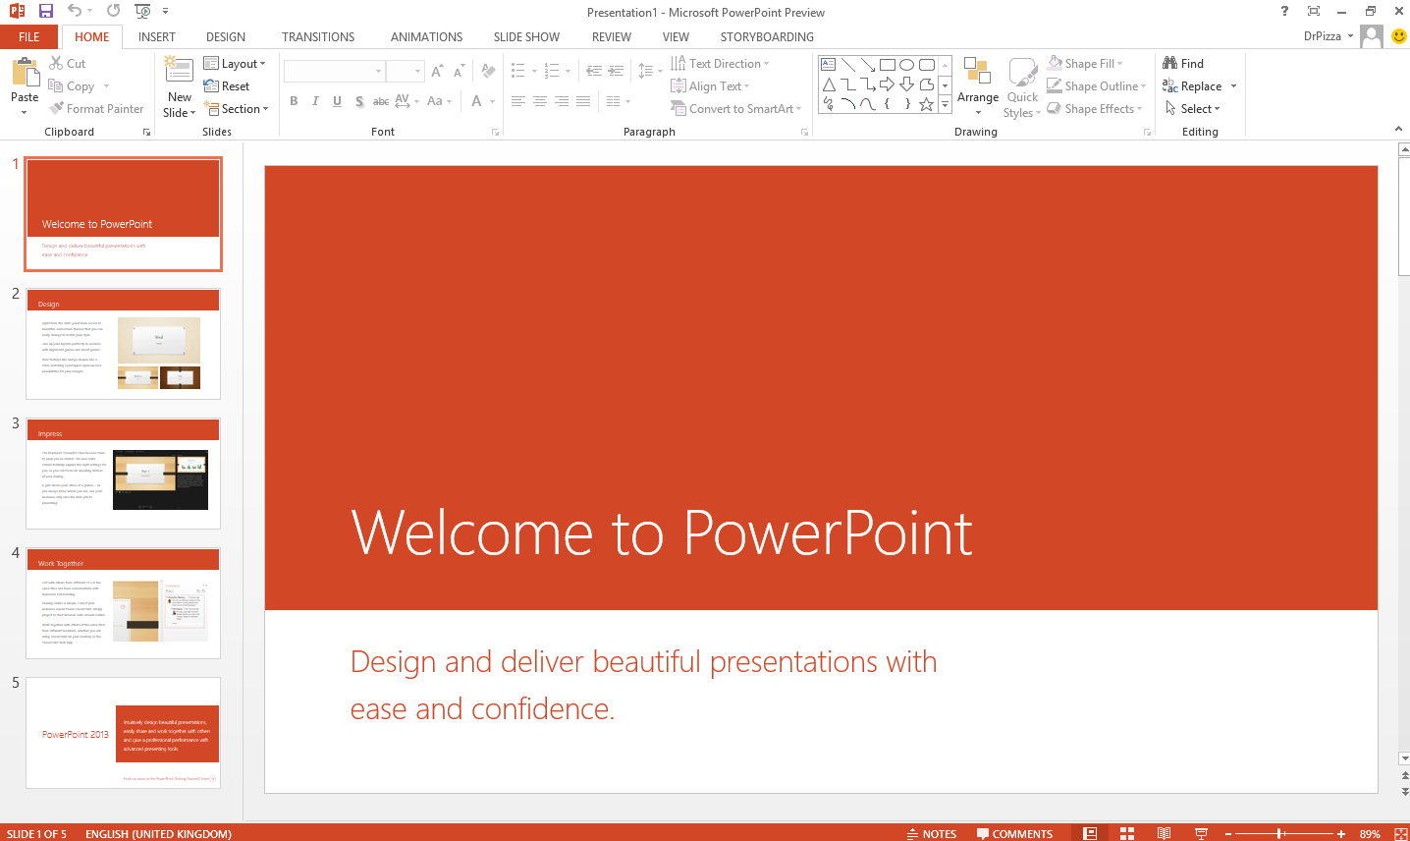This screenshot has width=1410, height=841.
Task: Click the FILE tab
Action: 28,37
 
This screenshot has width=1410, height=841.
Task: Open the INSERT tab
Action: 156,37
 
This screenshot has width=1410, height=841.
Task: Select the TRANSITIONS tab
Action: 318,37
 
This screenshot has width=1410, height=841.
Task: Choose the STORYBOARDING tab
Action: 767,37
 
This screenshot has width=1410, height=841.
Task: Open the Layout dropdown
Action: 235,64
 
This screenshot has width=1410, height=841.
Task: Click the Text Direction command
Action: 720,64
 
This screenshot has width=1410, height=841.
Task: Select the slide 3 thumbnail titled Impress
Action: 123,474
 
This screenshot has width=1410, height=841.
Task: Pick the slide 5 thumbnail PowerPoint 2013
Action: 123,733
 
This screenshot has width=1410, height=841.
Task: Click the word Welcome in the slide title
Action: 471,533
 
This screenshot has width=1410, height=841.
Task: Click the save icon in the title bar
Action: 46,11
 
